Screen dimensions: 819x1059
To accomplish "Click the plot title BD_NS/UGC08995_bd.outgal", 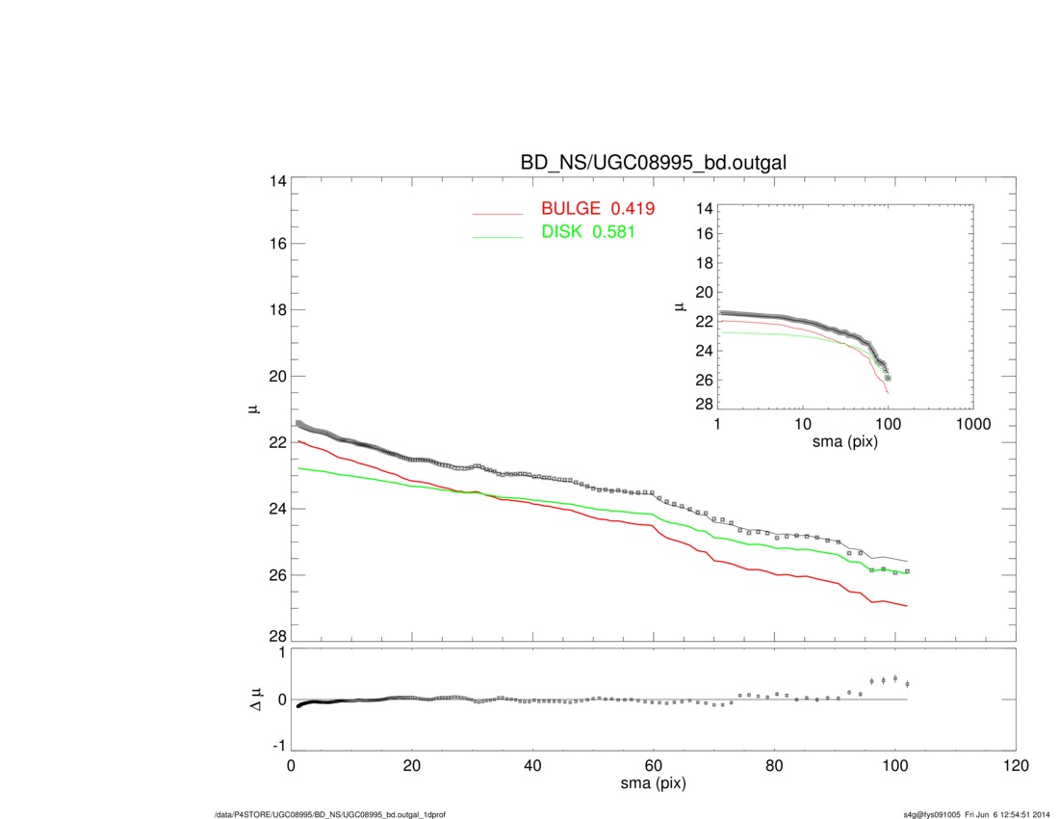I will (654, 163).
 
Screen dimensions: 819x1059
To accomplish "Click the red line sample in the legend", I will (497, 212).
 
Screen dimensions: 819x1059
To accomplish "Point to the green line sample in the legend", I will (497, 237).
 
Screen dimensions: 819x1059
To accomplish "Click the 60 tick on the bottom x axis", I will (654, 767).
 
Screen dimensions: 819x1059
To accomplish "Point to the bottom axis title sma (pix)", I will (654, 784).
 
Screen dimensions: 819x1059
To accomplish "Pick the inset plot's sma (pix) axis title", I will (843, 443).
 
